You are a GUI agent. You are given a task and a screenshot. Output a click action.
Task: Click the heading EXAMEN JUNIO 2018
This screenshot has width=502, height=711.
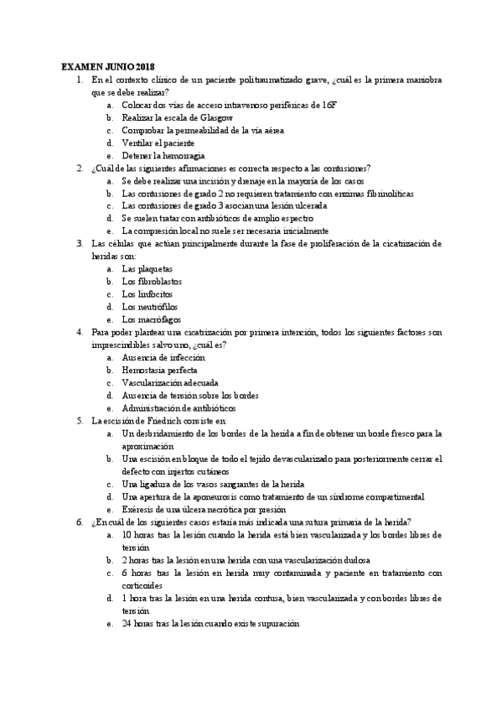click(108, 66)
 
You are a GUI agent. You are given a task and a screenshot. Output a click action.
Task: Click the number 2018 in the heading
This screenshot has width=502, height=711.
click(144, 66)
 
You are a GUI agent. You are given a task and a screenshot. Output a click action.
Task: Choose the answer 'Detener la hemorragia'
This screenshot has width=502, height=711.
click(163, 155)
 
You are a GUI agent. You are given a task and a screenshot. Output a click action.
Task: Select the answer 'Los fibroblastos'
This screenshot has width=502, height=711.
click(151, 281)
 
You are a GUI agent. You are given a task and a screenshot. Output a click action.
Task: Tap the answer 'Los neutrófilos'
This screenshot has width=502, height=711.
click(149, 306)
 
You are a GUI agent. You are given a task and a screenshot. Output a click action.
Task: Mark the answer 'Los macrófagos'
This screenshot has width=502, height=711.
click(150, 319)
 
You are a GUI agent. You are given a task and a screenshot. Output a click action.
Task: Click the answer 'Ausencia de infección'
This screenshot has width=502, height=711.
click(163, 357)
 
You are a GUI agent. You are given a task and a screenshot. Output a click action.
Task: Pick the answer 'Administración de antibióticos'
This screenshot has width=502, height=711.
click(179, 407)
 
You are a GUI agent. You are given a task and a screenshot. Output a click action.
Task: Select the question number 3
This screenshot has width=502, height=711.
click(79, 243)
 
